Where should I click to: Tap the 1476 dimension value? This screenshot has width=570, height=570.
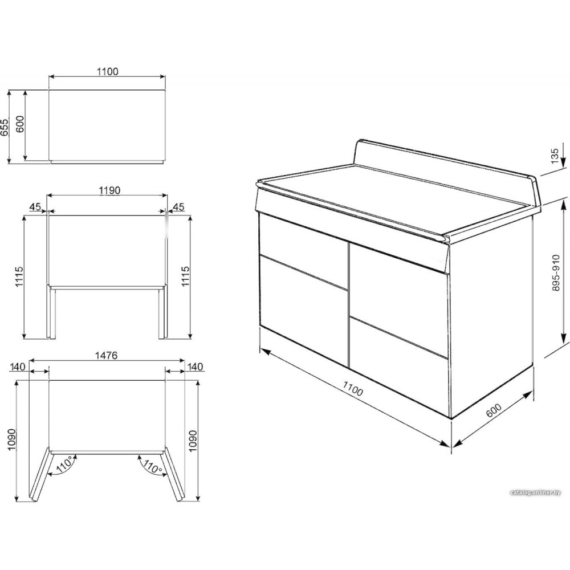[107, 355]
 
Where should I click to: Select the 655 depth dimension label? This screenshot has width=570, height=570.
[5, 127]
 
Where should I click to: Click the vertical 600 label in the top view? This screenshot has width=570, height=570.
[20, 124]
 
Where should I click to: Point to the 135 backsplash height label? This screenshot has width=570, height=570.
[555, 156]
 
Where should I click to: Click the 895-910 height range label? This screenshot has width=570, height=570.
[556, 272]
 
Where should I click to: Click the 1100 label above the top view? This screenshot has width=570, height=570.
[108, 72]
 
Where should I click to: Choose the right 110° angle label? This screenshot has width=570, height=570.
[152, 466]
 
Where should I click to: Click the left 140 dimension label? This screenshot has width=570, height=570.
[18, 367]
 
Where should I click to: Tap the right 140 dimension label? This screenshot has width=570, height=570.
[195, 367]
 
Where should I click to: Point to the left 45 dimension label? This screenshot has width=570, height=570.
[35, 207]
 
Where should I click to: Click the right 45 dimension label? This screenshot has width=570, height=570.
[178, 207]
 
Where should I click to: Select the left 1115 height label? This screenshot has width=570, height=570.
[19, 276]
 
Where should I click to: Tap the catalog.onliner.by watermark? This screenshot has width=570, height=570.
[535, 492]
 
